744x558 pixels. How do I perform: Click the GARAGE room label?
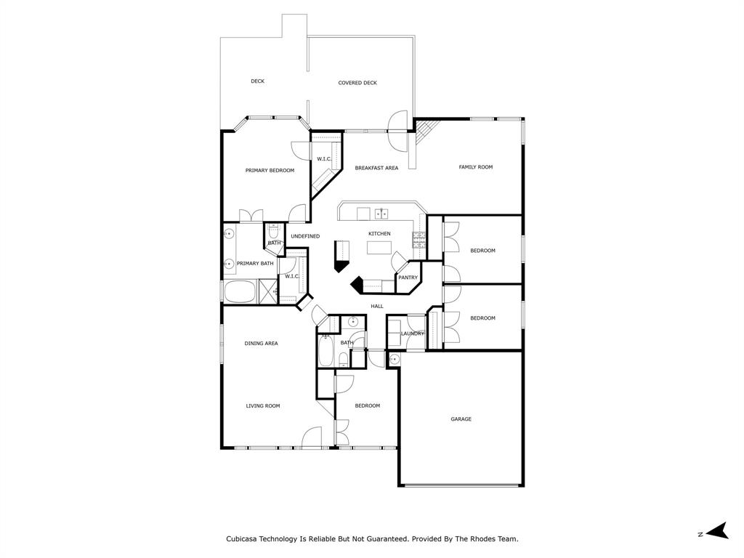pyautogui.click(x=461, y=419)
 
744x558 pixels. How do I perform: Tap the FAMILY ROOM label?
pyautogui.click(x=475, y=167)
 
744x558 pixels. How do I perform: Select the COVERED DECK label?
pyautogui.click(x=357, y=83)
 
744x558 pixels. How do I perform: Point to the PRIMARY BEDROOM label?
pyautogui.click(x=270, y=171)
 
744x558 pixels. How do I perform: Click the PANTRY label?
pyautogui.click(x=408, y=278)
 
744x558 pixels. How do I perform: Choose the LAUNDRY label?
pyautogui.click(x=413, y=333)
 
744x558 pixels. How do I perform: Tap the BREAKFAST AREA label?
pyautogui.click(x=376, y=168)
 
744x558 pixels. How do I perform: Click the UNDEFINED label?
pyautogui.click(x=305, y=236)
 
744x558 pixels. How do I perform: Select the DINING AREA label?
pyautogui.click(x=261, y=343)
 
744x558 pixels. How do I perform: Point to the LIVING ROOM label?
pyautogui.click(x=262, y=406)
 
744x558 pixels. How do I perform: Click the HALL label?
pyautogui.click(x=377, y=306)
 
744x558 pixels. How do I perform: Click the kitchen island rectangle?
pyautogui.click(x=378, y=248)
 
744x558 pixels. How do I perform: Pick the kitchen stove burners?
pyautogui.click(x=419, y=239)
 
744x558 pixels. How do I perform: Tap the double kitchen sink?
pyautogui.click(x=381, y=214)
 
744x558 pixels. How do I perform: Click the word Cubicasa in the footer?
pyautogui.click(x=246, y=539)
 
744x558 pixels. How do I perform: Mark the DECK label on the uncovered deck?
pyautogui.click(x=257, y=81)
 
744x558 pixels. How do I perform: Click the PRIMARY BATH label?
pyautogui.click(x=255, y=263)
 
